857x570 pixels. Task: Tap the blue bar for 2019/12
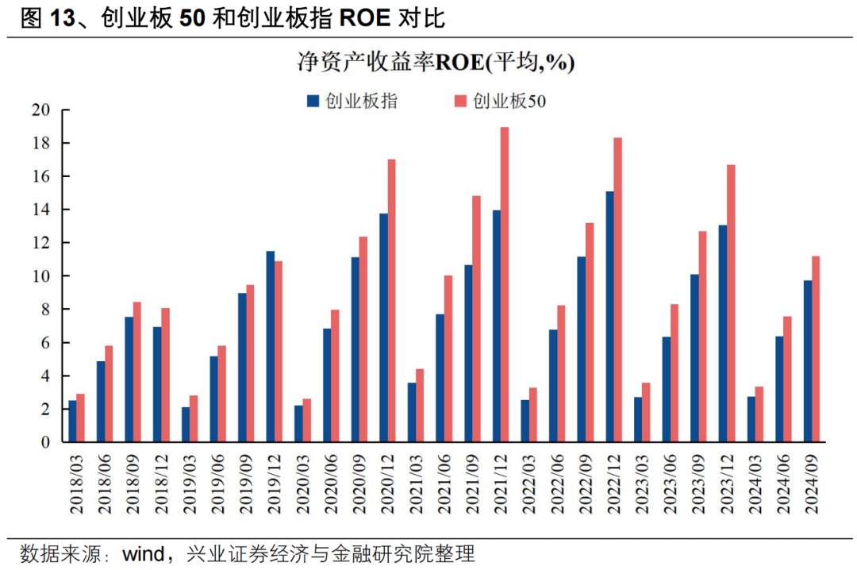tap(270, 346)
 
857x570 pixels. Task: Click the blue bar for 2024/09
tap(808, 360)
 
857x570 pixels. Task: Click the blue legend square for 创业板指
tap(313, 101)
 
